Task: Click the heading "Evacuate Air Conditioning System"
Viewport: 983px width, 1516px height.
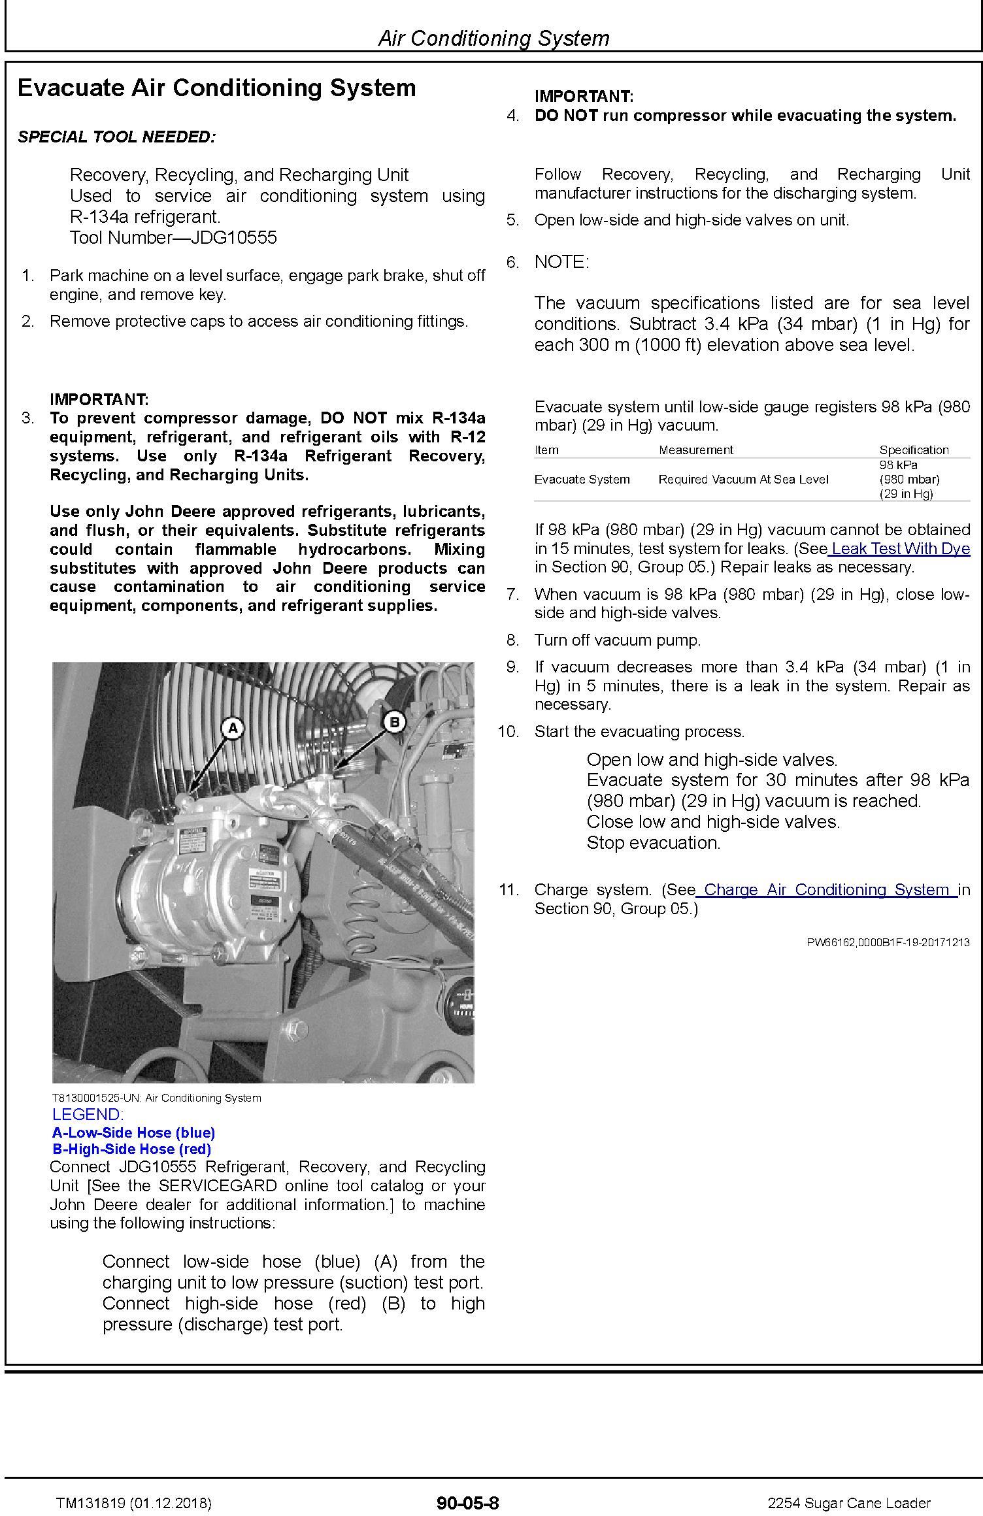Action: coord(216,88)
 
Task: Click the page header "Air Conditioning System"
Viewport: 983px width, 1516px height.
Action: coord(493,38)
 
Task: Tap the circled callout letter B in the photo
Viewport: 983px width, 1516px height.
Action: coord(393,722)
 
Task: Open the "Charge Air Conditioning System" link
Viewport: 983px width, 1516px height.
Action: coord(826,889)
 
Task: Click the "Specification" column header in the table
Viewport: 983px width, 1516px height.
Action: coord(913,450)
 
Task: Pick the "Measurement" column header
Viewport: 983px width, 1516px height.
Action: coord(695,450)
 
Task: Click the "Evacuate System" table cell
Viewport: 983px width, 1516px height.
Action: coord(582,479)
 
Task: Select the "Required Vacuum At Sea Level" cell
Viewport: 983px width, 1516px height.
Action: coord(742,479)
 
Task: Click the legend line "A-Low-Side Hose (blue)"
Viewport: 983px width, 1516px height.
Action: coord(133,1132)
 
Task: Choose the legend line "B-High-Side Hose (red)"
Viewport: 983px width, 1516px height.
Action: coord(131,1149)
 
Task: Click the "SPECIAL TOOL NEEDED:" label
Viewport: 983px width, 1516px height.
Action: coord(116,137)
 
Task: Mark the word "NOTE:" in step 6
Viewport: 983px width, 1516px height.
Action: coord(561,262)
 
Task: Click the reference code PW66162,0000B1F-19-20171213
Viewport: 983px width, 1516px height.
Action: coord(888,942)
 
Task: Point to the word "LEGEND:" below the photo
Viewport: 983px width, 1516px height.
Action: coord(88,1115)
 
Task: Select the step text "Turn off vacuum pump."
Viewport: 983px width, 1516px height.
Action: coord(617,640)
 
